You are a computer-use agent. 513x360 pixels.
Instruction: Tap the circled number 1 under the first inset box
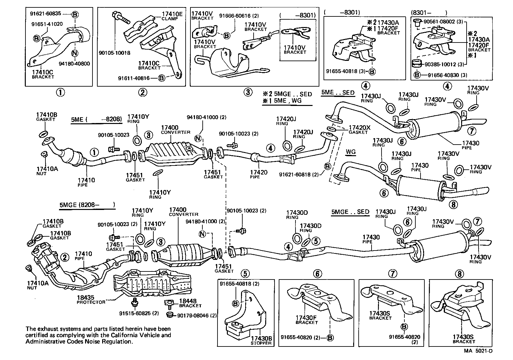click(60, 92)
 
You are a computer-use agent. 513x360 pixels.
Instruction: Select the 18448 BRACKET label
click(190, 303)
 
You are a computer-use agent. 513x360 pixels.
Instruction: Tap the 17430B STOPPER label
click(261, 341)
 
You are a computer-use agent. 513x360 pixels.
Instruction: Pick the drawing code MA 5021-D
click(478, 351)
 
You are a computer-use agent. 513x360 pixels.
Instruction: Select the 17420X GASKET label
click(360, 129)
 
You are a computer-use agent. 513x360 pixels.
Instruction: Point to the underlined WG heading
click(351, 151)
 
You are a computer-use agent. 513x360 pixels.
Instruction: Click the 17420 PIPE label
click(259, 175)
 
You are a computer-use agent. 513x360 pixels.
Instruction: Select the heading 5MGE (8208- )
click(87, 204)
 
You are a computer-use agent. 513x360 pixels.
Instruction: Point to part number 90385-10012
click(440, 64)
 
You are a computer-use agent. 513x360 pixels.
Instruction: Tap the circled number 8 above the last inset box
click(459, 274)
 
